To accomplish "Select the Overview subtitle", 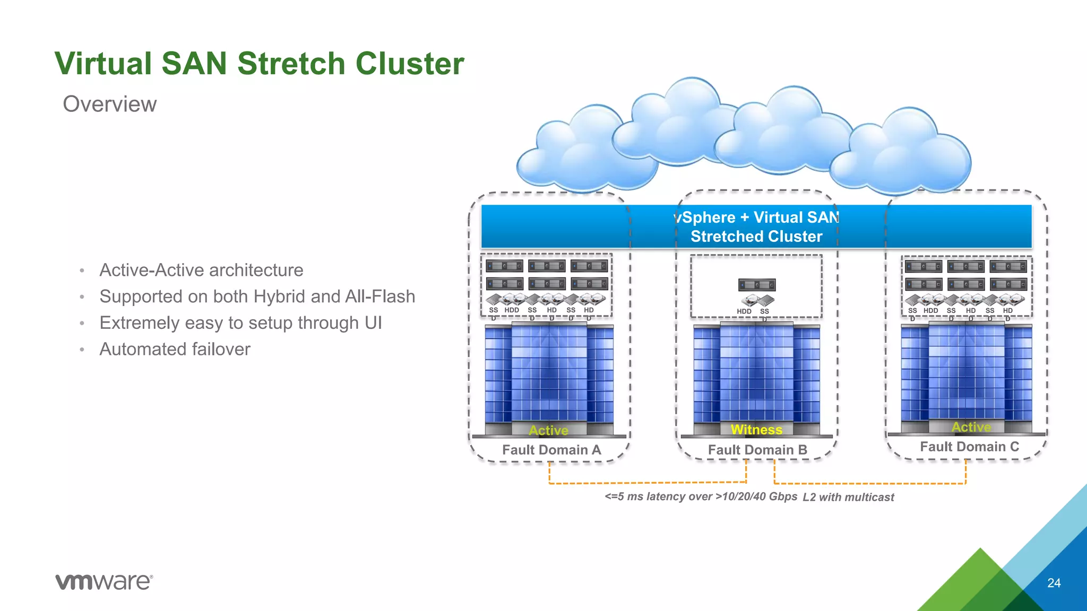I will (x=110, y=104).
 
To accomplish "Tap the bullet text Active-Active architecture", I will (x=201, y=270).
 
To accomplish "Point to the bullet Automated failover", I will (x=175, y=349).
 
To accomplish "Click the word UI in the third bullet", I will (x=373, y=323).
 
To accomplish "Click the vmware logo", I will (x=104, y=581).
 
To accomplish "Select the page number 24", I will (x=1054, y=583).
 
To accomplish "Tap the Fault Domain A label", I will (x=551, y=450).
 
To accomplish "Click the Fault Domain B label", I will (x=757, y=450).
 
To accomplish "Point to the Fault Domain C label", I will (x=969, y=447).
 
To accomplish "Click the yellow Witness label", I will (x=756, y=430).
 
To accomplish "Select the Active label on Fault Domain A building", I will (x=548, y=430).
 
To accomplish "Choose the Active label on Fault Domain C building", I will (x=971, y=427).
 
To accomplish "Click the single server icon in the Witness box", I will (x=757, y=285).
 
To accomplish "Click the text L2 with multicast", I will (x=848, y=497).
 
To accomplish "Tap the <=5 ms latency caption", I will (x=701, y=496).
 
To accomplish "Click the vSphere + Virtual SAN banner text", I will (x=756, y=226).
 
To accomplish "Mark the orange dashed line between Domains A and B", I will (x=648, y=483).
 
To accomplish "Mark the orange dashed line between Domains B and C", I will (x=870, y=483).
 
